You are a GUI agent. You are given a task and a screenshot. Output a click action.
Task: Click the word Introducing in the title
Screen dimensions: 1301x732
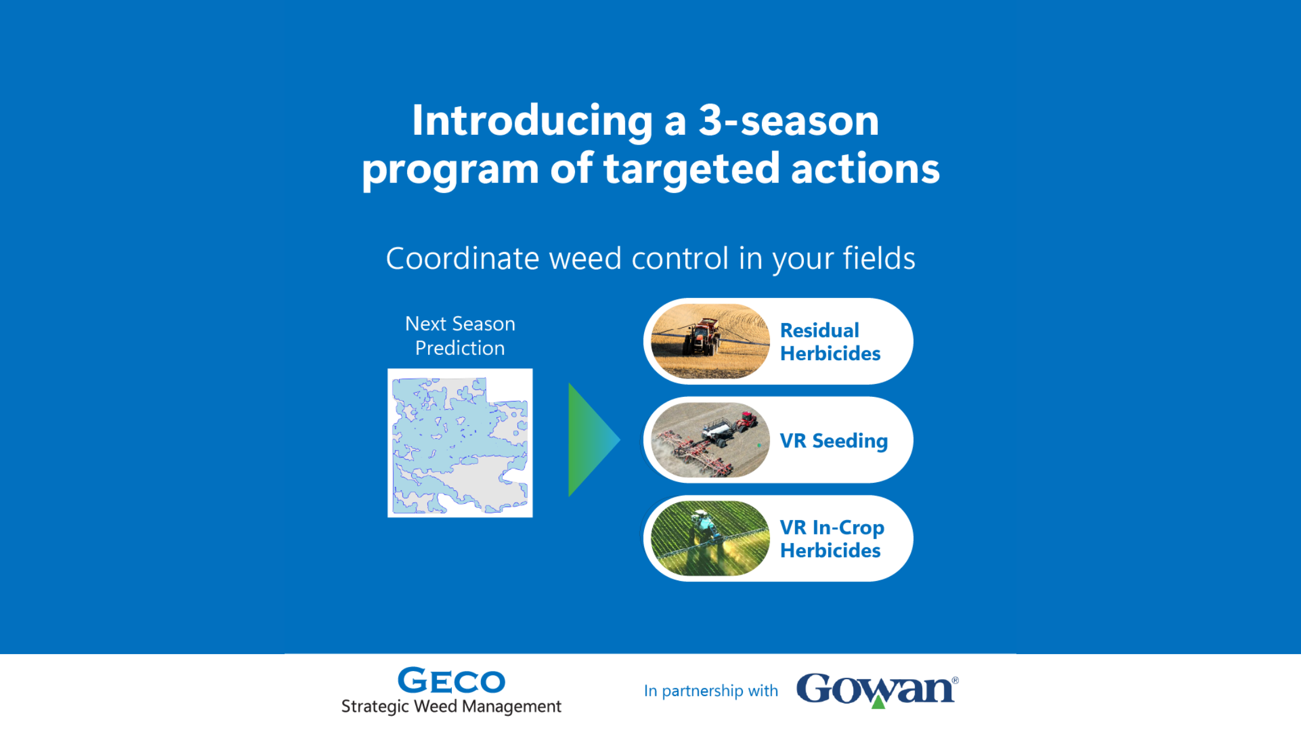click(533, 122)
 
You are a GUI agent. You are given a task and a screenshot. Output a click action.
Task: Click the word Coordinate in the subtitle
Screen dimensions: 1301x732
click(462, 259)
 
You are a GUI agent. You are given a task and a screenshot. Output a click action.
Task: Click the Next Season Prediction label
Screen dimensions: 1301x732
click(460, 336)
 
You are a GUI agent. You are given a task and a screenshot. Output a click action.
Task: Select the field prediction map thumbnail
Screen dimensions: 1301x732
click(460, 443)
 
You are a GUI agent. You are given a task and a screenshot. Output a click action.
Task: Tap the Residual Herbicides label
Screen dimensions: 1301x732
click(830, 342)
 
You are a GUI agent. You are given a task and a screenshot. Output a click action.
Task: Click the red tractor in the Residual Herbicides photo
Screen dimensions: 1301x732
click(702, 336)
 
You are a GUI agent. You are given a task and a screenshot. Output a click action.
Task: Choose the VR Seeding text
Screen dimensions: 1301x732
click(833, 441)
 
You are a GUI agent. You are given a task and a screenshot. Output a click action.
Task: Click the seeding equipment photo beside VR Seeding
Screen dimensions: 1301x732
click(710, 440)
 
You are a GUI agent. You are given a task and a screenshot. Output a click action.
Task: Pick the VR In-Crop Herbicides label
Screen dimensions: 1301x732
click(832, 539)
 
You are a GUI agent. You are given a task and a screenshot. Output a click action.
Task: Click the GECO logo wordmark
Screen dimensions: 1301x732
click(451, 681)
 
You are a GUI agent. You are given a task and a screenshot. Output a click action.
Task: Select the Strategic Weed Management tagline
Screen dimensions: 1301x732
click(451, 706)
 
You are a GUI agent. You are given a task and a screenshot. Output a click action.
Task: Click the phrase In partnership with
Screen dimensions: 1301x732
click(711, 691)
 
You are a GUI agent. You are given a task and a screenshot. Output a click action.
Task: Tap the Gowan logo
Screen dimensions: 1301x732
click(877, 690)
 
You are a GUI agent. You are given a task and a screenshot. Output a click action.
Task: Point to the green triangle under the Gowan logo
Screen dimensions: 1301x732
click(879, 702)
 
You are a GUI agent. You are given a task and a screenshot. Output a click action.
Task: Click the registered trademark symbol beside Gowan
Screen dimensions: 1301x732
click(955, 680)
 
